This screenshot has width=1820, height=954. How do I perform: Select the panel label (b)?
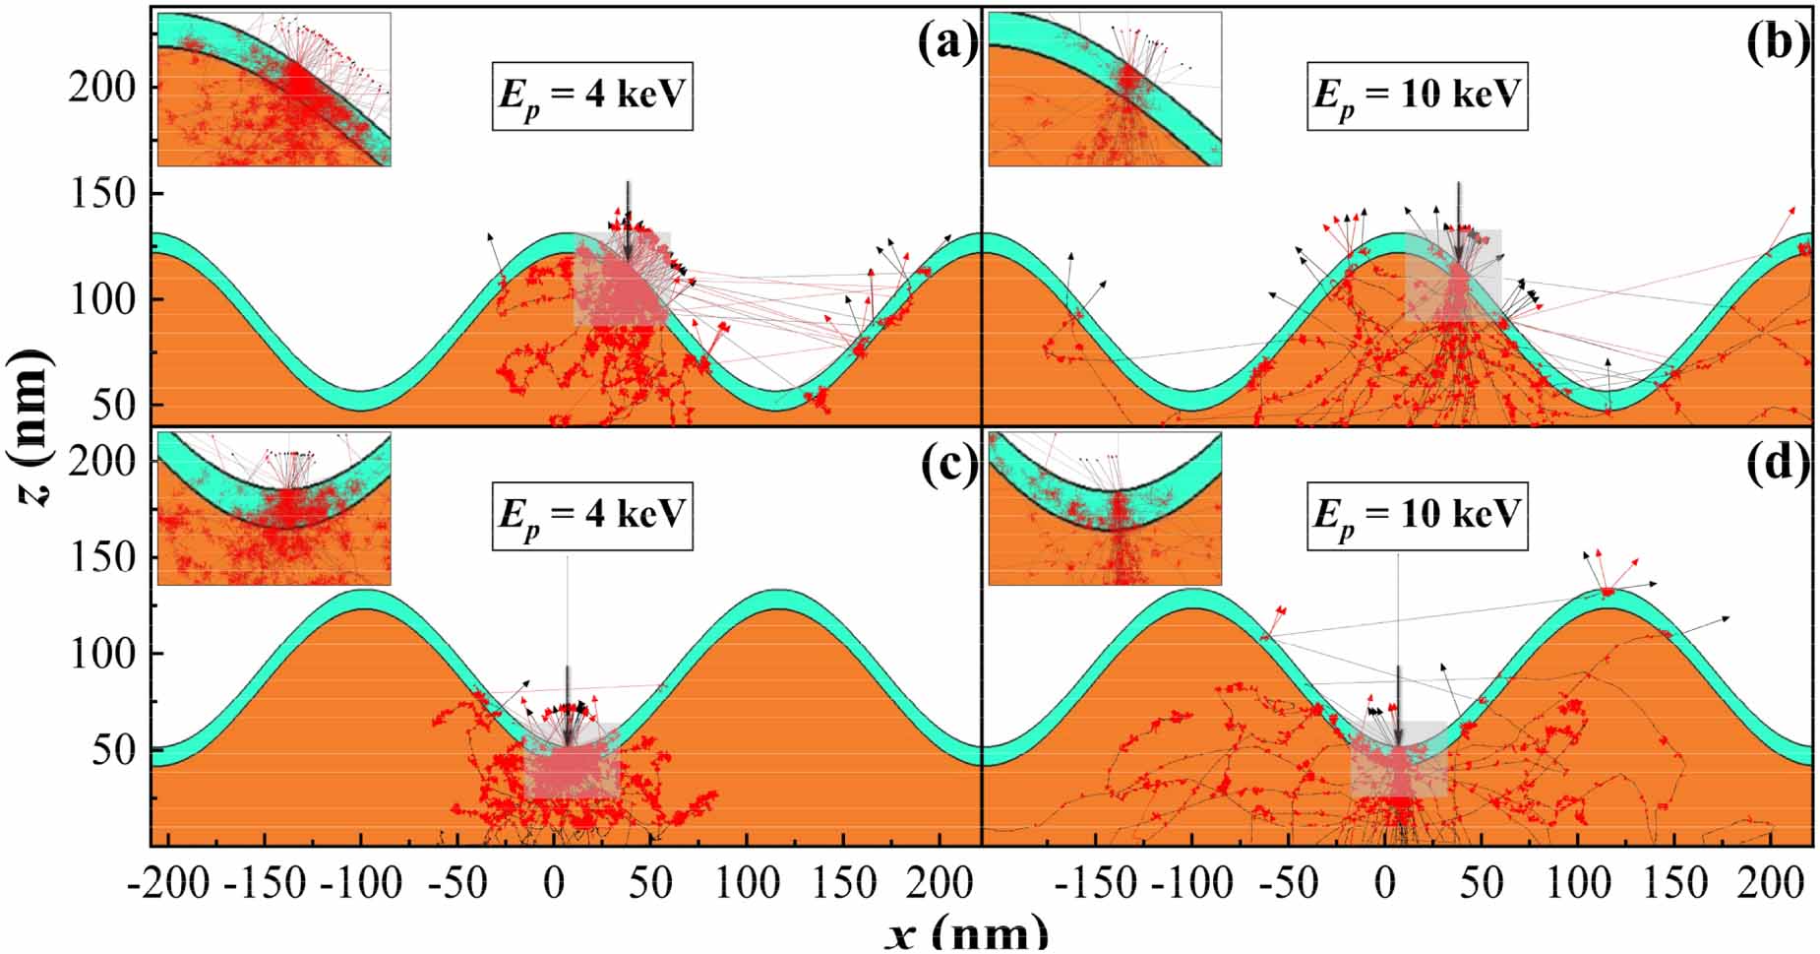pyautogui.click(x=1779, y=44)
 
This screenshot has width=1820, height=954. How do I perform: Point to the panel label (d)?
pyautogui.click(x=1779, y=466)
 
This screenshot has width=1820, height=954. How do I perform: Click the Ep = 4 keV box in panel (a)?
pyautogui.click(x=592, y=95)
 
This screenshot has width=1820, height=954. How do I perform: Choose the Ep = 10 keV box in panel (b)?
pyautogui.click(x=1417, y=95)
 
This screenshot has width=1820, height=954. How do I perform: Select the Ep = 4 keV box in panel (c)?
pyautogui.click(x=592, y=516)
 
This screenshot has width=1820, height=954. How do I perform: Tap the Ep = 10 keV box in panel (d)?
pyautogui.click(x=1417, y=516)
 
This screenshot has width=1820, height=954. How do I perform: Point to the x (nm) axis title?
pyautogui.click(x=966, y=931)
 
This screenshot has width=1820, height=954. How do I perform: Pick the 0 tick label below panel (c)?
pyautogui.click(x=554, y=884)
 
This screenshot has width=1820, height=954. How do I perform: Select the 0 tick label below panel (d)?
pyautogui.click(x=1384, y=884)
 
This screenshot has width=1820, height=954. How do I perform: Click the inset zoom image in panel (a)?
pyautogui.click(x=273, y=89)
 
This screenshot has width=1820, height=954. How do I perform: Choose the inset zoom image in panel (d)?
pyautogui.click(x=1104, y=509)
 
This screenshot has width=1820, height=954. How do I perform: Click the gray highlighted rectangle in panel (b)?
pyautogui.click(x=1452, y=276)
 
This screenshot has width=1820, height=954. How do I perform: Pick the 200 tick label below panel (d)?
pyautogui.click(x=1770, y=884)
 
